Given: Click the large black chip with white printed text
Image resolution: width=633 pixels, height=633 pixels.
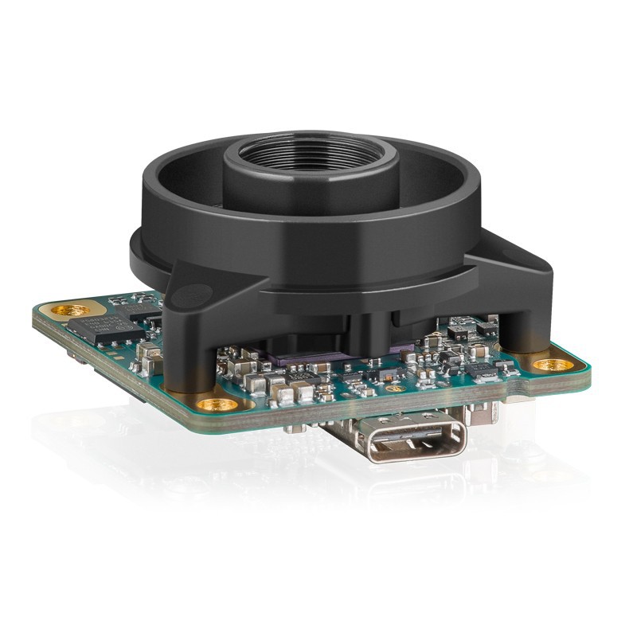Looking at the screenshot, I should tap(94, 327).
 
